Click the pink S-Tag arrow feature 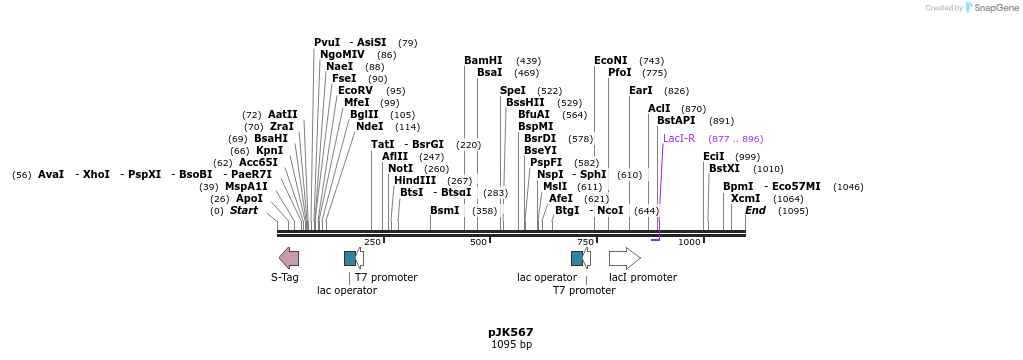289,258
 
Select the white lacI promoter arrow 624,258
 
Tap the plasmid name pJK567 511,332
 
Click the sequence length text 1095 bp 511,345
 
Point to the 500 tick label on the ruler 478,242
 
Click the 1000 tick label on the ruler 689,242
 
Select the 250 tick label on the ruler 372,242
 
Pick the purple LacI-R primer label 679,139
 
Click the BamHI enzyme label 483,61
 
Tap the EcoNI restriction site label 611,61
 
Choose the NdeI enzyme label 369,127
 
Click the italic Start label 243,211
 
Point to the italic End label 755,211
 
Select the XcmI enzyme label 745,199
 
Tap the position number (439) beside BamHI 528,61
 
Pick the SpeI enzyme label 513,91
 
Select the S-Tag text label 285,277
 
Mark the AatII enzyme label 282,115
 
